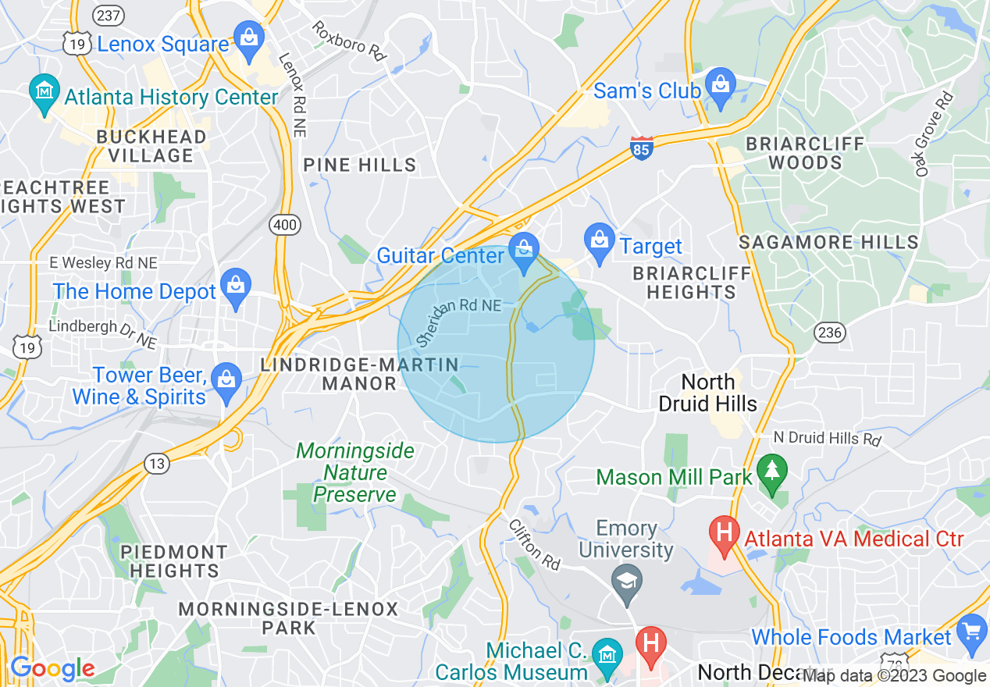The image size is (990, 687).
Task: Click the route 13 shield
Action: click(156, 464)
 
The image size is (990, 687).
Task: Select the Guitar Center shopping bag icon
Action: click(522, 250)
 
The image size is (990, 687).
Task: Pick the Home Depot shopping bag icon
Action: click(235, 286)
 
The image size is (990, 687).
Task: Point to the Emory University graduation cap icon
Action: click(627, 582)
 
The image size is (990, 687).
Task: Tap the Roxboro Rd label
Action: click(350, 41)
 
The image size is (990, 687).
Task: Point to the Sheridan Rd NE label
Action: click(458, 320)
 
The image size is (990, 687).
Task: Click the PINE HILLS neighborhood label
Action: click(360, 165)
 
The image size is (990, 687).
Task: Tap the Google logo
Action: click(52, 669)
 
